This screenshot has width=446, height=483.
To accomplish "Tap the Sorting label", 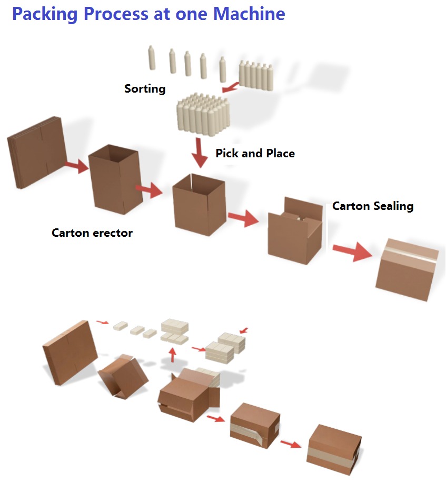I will [145, 88].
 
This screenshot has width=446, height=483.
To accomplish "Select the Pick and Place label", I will [255, 154].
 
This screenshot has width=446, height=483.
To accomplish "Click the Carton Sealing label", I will [372, 206].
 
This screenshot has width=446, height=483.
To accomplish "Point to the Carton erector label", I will [92, 233].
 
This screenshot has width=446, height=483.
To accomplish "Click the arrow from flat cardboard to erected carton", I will [76, 167].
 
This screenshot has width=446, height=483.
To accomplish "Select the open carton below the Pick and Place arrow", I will [199, 205].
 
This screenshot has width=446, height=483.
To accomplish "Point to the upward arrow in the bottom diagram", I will [172, 354].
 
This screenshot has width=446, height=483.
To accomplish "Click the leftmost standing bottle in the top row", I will [152, 58].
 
